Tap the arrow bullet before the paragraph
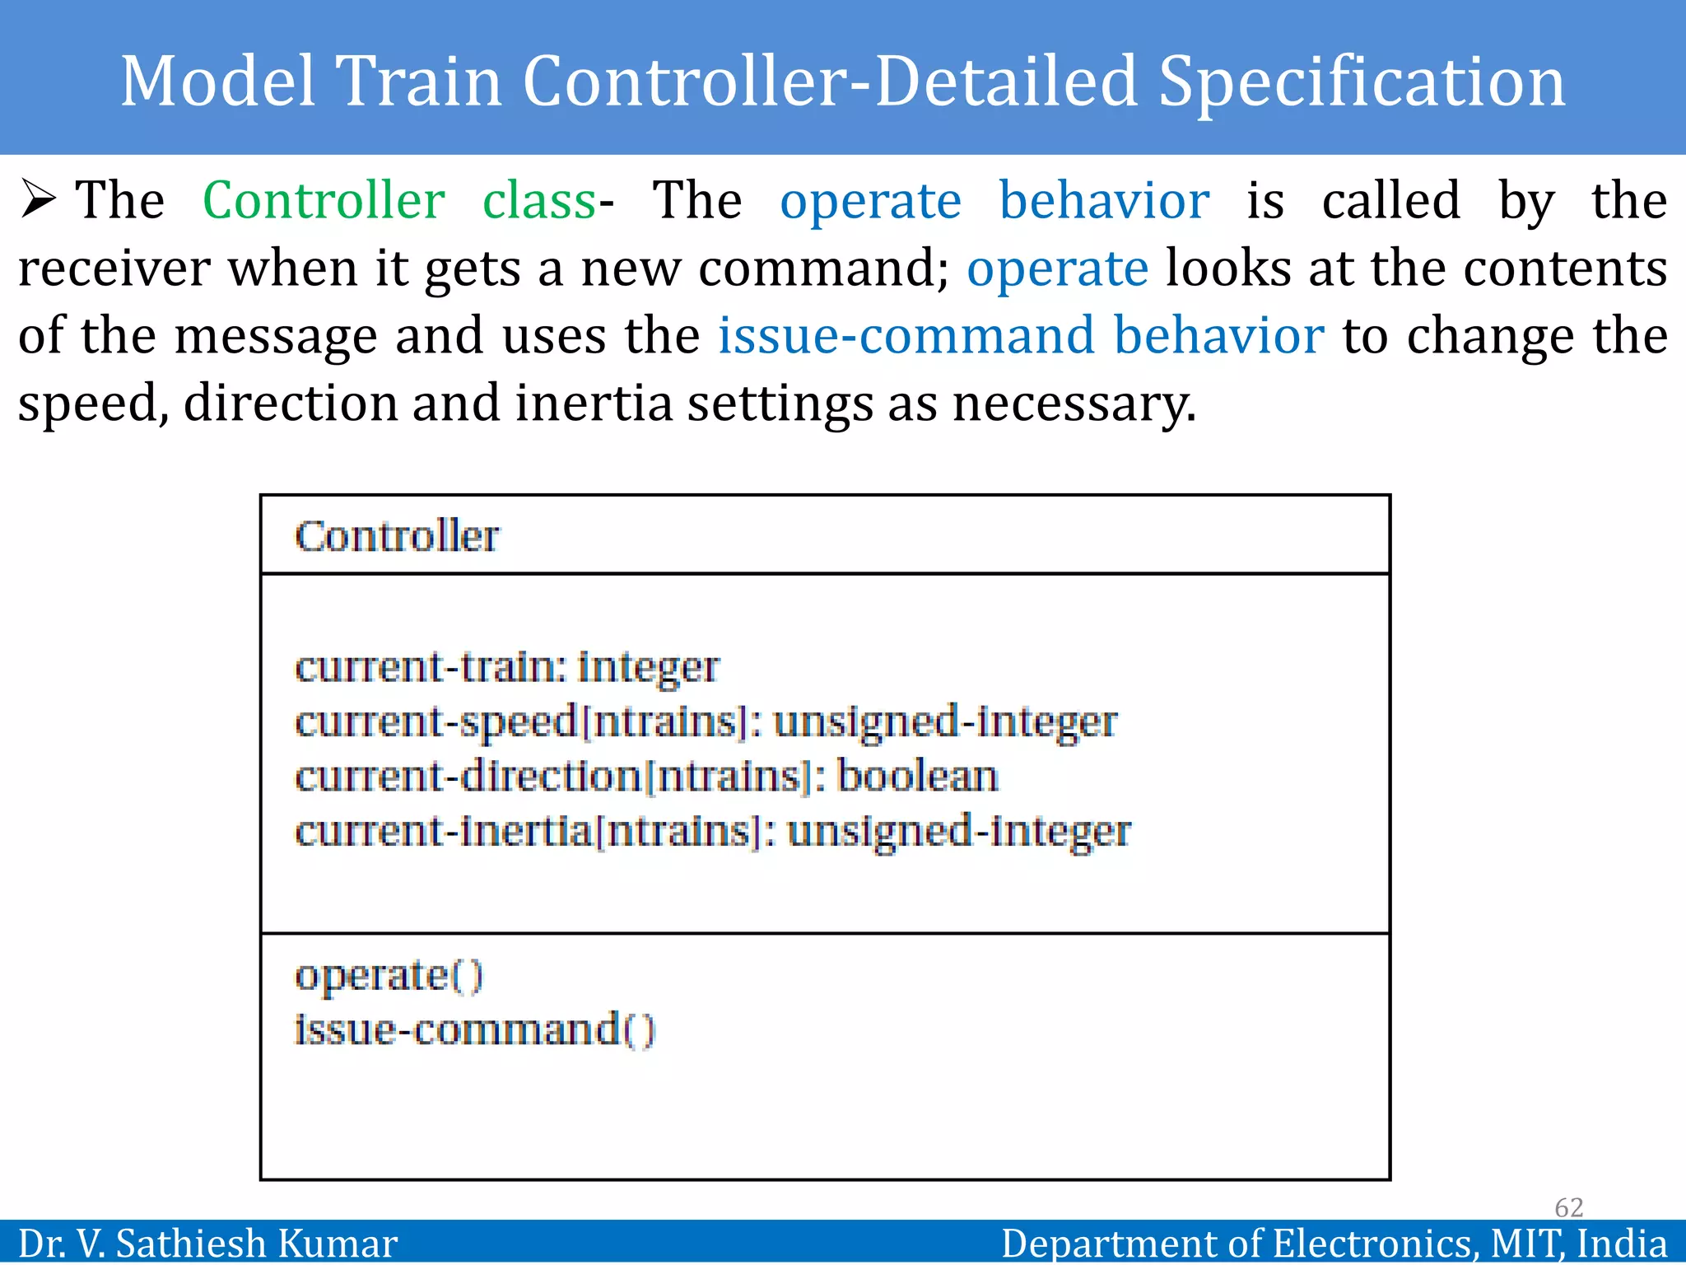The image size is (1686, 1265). [38, 200]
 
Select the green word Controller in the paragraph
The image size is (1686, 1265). [324, 201]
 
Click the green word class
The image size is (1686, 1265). [539, 201]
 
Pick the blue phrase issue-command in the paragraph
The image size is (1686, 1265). [906, 336]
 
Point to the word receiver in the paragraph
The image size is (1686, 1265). [114, 269]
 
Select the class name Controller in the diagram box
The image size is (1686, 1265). [397, 537]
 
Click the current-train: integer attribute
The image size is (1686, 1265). [506, 667]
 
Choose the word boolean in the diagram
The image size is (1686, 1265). [917, 777]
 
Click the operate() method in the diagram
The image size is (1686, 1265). [389, 977]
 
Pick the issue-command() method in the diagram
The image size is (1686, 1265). [474, 1031]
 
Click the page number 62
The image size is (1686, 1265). [1568, 1207]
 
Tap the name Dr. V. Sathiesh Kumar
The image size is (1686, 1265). [207, 1244]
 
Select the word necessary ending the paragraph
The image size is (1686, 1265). [1073, 404]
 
